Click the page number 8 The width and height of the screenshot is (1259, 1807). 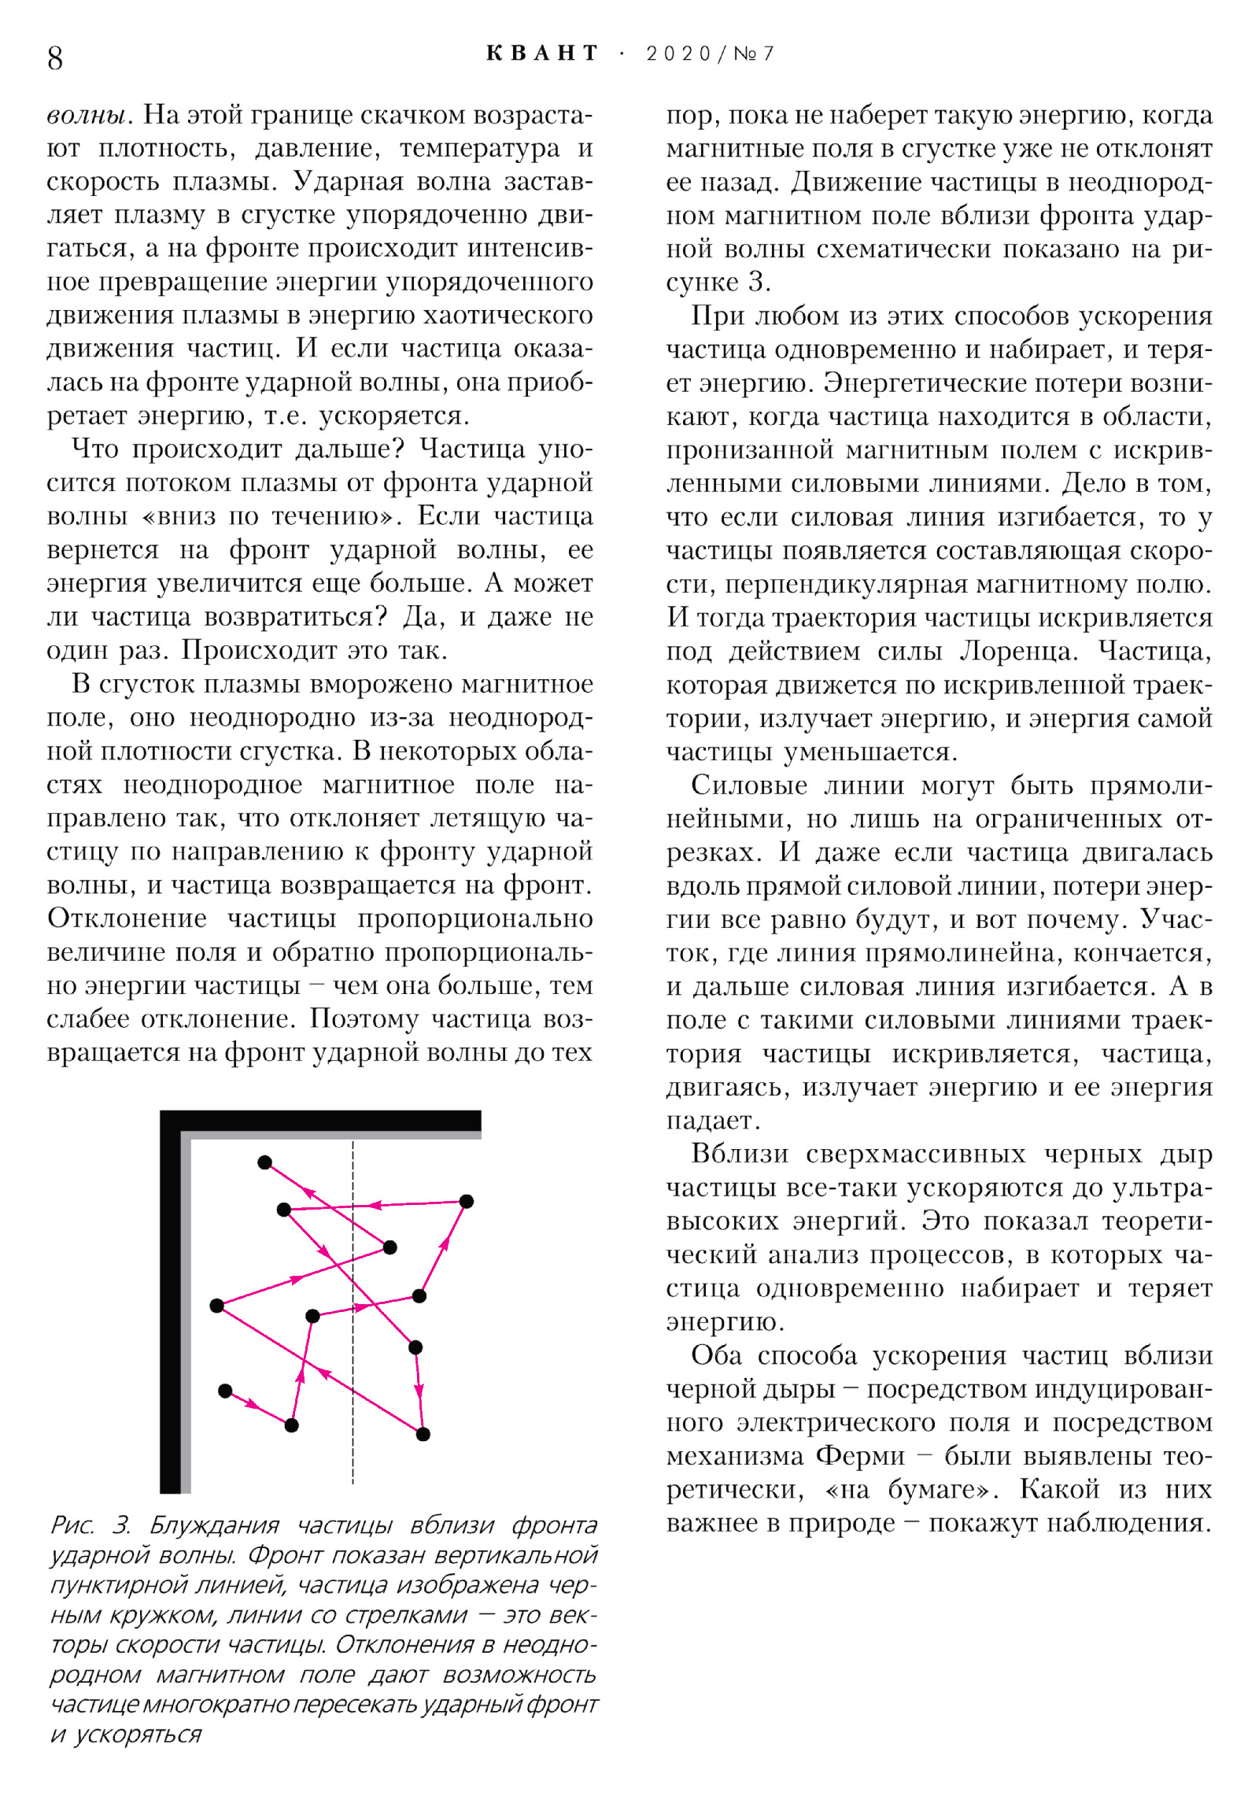[x=55, y=58]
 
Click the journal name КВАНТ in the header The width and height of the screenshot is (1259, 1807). [x=543, y=54]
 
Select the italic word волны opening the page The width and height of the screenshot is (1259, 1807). [x=86, y=116]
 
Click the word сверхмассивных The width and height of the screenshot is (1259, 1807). [x=916, y=1154]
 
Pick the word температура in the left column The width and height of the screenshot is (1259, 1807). [x=479, y=149]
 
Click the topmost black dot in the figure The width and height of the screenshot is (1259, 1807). [x=265, y=1162]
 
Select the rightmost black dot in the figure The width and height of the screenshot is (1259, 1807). [x=467, y=1201]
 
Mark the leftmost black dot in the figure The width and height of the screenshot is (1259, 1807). [x=217, y=1306]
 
